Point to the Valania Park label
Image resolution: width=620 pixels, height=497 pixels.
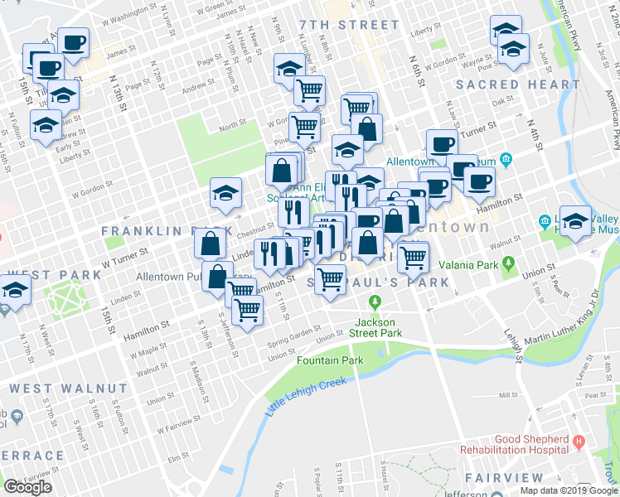coord(467,265)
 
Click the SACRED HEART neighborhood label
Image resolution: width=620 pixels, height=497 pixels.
coord(517,84)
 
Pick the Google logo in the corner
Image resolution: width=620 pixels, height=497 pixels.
coord(27,486)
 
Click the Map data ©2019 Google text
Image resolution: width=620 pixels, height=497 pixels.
coord(569,490)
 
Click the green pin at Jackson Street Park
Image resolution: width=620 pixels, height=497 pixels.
coord(375,301)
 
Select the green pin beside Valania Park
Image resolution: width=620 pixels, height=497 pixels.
coord(510,265)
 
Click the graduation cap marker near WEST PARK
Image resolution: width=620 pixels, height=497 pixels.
coord(15,291)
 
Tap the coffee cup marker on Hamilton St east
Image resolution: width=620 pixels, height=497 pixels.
coord(478,181)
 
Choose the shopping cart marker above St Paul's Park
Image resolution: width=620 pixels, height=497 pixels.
coord(330,282)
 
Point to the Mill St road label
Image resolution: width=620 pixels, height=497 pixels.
coord(507,396)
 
